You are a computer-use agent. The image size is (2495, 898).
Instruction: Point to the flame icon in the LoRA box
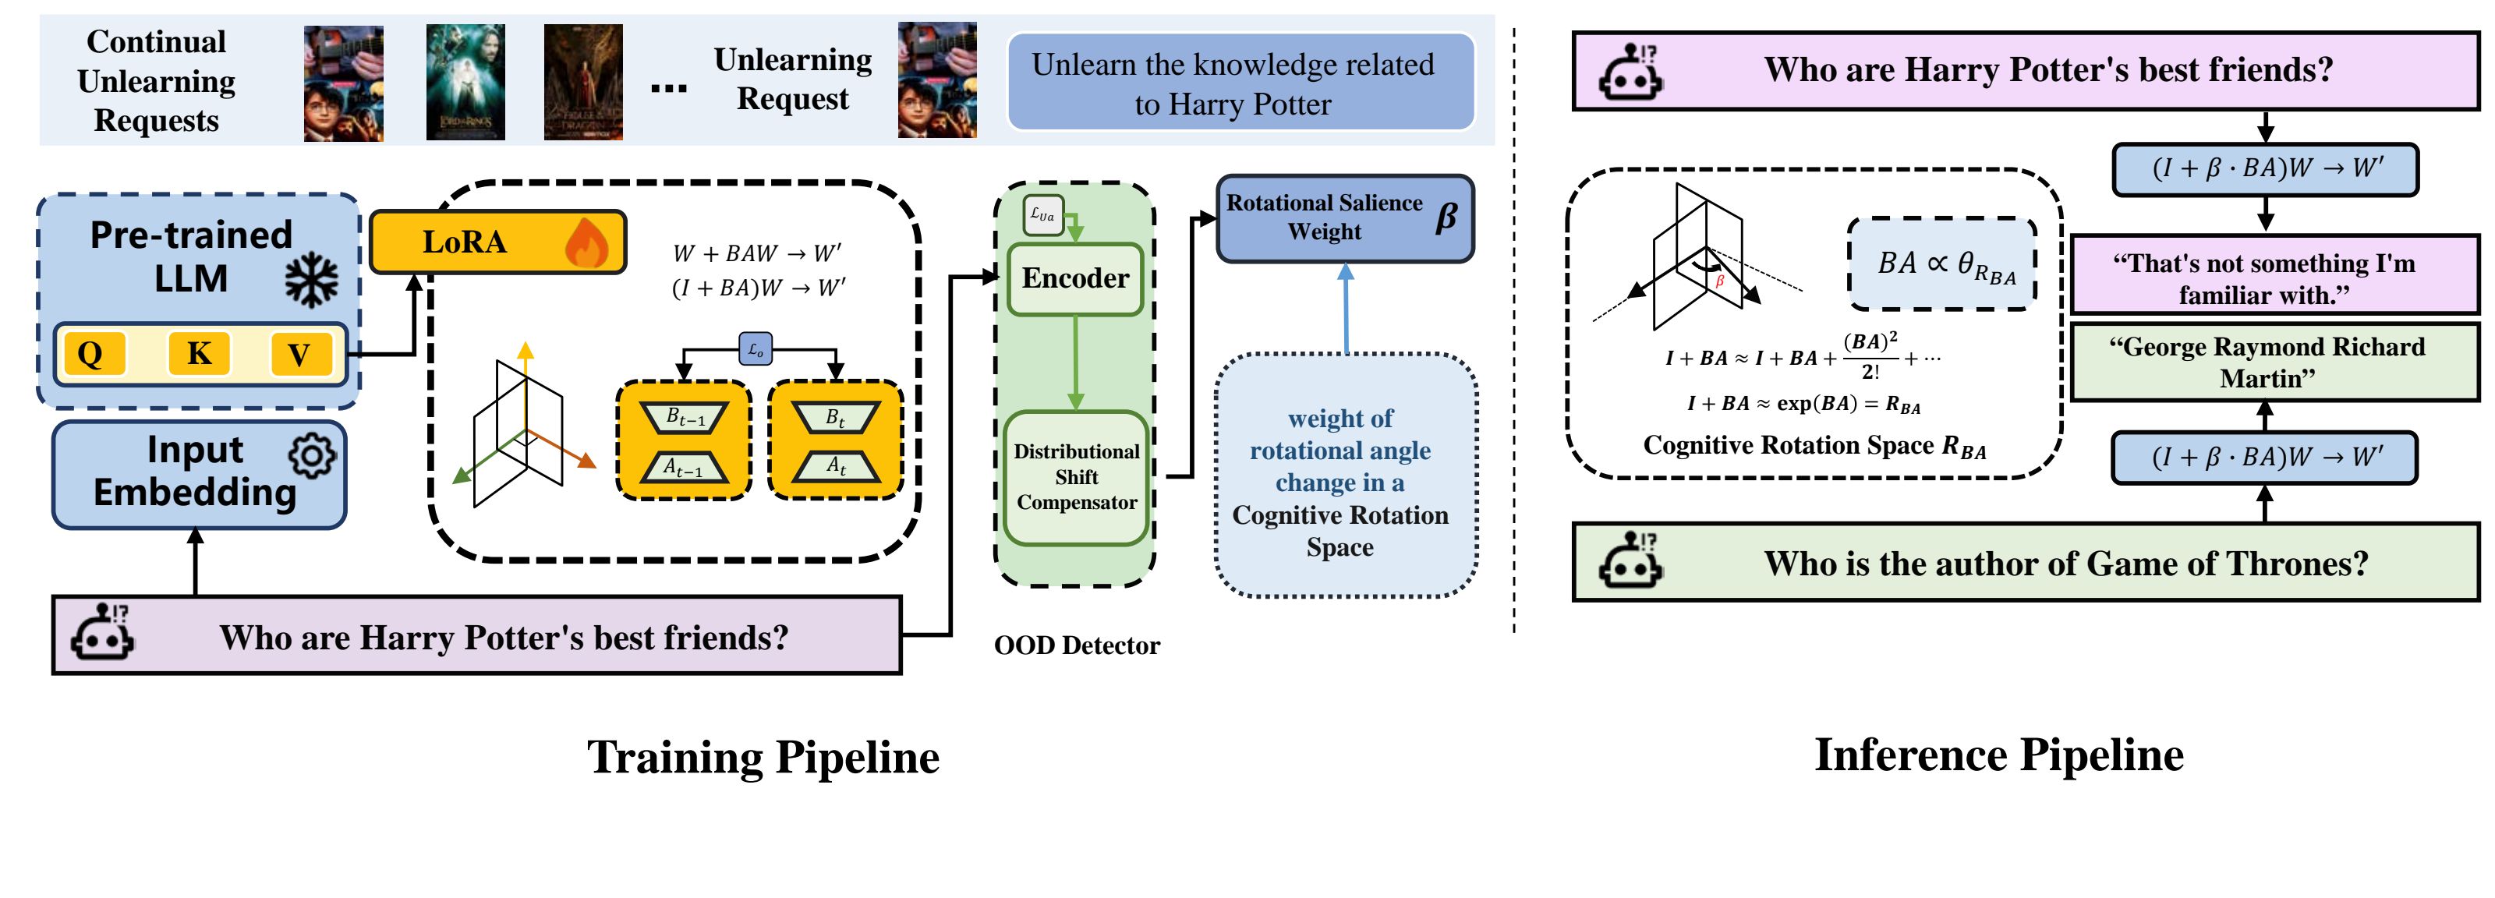pos(586,242)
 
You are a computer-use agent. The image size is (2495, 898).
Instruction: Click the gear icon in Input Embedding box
pos(312,455)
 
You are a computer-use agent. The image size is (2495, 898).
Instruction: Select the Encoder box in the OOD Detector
pos(1075,279)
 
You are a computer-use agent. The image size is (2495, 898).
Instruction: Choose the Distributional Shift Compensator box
pos(1076,476)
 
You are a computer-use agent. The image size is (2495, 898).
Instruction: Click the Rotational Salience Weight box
pos(1344,218)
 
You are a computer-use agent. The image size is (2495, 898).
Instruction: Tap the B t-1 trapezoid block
pos(685,418)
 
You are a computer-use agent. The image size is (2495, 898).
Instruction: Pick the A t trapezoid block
pos(836,466)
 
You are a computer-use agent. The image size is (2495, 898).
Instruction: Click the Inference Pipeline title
pos(1998,755)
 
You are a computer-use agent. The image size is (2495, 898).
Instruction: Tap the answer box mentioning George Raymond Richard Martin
pos(2274,362)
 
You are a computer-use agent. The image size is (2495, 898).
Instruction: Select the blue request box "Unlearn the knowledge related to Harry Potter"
pos(1240,83)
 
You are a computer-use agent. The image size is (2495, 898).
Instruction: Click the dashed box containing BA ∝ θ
pos(1943,263)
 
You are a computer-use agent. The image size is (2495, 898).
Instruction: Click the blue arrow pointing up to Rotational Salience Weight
pos(1345,308)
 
